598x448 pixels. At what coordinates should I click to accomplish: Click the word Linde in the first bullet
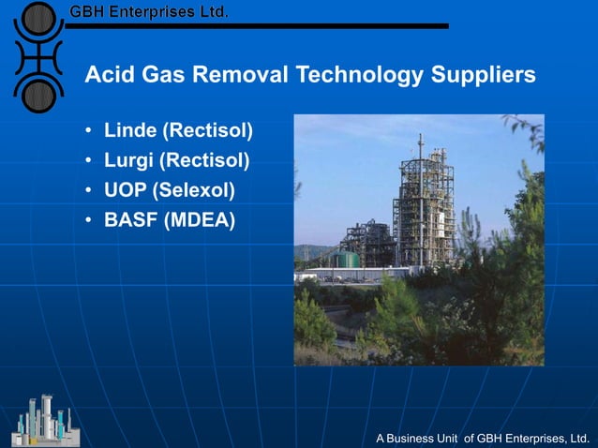pos(128,129)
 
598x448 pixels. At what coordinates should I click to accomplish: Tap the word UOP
pos(126,191)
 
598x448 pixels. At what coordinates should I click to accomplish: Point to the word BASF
pos(130,221)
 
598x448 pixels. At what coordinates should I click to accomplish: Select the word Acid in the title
pos(106,74)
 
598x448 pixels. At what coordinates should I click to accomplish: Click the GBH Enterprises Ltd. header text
pos(148,12)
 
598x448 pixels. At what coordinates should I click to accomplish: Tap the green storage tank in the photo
pos(348,259)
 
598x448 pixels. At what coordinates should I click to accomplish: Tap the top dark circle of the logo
pos(37,19)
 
